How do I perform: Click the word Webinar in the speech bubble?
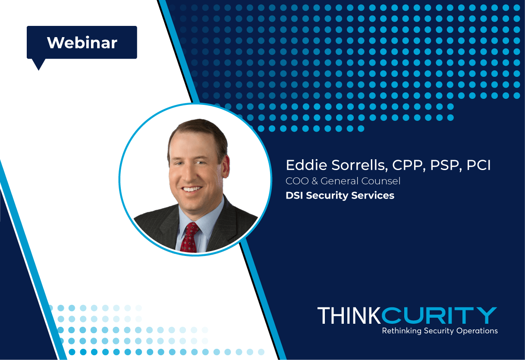tap(82, 43)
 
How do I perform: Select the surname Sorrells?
tap(359, 165)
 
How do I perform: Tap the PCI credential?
tap(478, 165)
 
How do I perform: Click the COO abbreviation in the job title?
tap(297, 181)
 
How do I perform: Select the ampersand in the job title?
tap(314, 181)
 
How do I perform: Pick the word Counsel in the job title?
tap(380, 181)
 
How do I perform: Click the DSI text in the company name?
tap(294, 196)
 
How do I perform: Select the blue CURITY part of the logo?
tap(439, 316)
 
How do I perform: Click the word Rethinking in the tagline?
tap(402, 331)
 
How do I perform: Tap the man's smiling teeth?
tap(192, 189)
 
